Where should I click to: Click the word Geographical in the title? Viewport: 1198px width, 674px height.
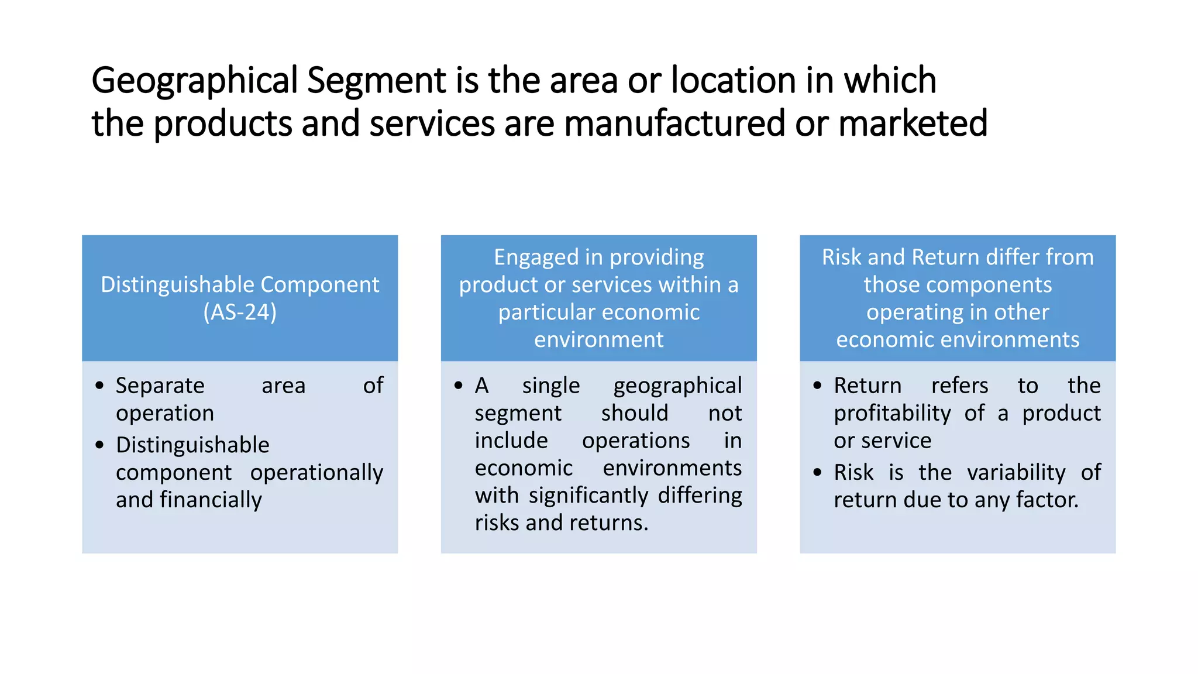click(195, 81)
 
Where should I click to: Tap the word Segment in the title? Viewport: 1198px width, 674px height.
click(377, 81)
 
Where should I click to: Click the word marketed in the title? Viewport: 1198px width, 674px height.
click(913, 123)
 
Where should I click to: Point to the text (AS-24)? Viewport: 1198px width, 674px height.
click(240, 312)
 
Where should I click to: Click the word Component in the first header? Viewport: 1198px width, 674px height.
click(320, 285)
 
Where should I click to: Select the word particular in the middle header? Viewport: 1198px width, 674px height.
click(547, 312)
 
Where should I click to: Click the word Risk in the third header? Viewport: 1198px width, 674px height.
click(842, 257)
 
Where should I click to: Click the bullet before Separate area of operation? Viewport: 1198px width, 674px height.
click(99, 386)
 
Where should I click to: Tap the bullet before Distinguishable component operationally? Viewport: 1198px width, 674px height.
click(99, 445)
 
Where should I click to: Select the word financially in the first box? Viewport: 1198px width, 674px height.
click(211, 500)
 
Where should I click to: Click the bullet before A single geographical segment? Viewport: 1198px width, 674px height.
click(458, 386)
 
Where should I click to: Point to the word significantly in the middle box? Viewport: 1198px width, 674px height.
click(588, 496)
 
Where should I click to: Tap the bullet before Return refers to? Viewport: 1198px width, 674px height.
click(817, 386)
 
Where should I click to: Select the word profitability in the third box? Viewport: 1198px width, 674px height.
click(892, 414)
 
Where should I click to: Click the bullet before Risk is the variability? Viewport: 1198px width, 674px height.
click(817, 472)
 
